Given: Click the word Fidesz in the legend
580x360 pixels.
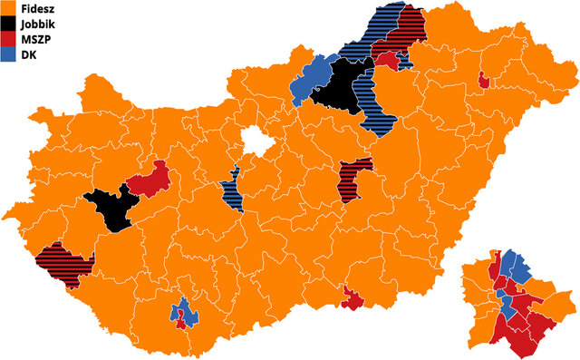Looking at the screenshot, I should click(x=35, y=8).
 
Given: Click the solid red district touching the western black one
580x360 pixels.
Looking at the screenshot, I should click(x=150, y=180).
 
